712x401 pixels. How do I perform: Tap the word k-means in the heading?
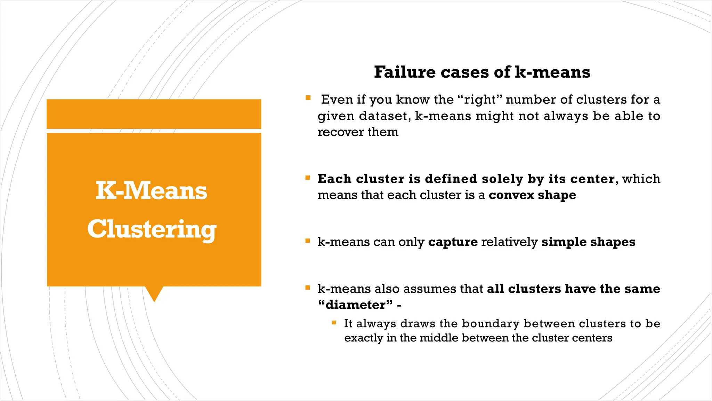(x=552, y=72)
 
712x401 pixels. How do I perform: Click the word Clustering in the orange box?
(x=152, y=229)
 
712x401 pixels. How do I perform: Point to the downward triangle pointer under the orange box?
(x=154, y=293)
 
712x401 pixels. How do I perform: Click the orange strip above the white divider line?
(x=154, y=114)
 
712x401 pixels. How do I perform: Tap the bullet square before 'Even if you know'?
(x=308, y=98)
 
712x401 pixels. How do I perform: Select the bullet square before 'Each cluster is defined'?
(x=308, y=178)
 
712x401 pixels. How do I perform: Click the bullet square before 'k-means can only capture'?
(x=308, y=241)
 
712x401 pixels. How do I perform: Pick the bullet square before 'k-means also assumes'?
(x=308, y=288)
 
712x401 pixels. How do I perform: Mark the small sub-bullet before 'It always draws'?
(x=334, y=323)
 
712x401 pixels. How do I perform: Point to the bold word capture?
(x=453, y=242)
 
